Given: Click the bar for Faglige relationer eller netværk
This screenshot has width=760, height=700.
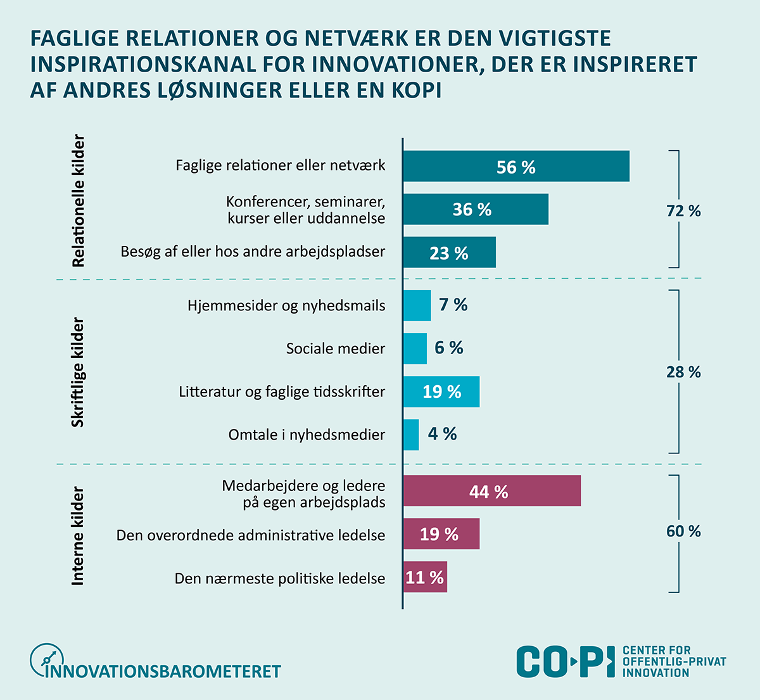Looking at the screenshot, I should pos(516,167).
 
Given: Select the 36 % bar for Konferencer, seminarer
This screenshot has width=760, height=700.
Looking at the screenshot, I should pos(476,210).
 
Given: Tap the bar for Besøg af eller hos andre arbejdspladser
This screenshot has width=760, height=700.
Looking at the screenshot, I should pos(449,253).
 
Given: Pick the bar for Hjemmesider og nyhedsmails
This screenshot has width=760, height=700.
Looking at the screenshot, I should pos(417,305).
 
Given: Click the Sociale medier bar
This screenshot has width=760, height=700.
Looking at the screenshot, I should pos(415,348).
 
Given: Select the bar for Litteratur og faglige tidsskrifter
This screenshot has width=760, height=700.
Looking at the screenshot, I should pos(441,391).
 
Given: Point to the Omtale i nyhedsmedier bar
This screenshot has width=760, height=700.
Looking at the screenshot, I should pos(411,435).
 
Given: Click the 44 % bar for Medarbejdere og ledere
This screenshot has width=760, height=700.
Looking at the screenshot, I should pos(491,492).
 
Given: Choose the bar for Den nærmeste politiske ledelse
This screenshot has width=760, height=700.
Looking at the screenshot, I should pos(425,577).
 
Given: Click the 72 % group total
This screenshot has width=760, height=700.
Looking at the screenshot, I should pos(683,211).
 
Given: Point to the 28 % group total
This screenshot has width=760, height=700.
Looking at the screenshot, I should pos(683,372).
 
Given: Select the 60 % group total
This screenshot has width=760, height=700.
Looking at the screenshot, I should pos(683,531).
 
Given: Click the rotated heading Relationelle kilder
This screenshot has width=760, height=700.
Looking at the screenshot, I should pos(79,200).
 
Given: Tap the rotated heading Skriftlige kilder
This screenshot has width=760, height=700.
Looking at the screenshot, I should pos(79,372).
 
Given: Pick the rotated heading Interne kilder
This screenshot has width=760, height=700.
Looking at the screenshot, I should pos(79,535).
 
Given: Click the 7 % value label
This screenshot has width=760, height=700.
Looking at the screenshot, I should pos(453,305).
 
